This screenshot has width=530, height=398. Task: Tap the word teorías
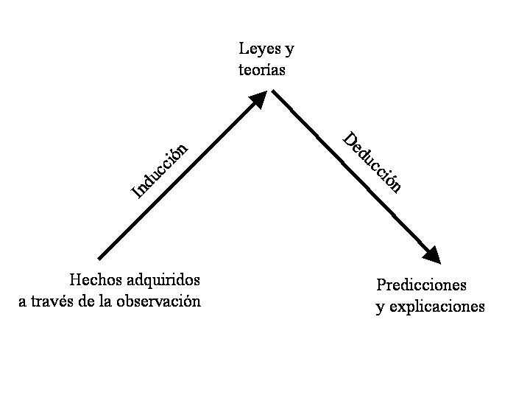pos(261,71)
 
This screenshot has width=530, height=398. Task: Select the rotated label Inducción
pos(160,170)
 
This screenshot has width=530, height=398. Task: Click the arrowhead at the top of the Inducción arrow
pos(258,99)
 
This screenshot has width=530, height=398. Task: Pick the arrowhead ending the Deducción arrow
pos(433,254)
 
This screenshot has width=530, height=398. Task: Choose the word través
pos(52,301)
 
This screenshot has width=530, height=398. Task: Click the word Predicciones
pos(421,285)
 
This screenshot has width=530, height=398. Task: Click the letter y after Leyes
pos(289,51)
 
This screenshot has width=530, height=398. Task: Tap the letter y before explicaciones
pos(380,308)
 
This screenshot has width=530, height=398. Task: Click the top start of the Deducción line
pos(274,91)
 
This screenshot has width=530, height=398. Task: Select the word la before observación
pos(106,301)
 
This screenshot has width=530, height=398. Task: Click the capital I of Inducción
pos(136,194)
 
